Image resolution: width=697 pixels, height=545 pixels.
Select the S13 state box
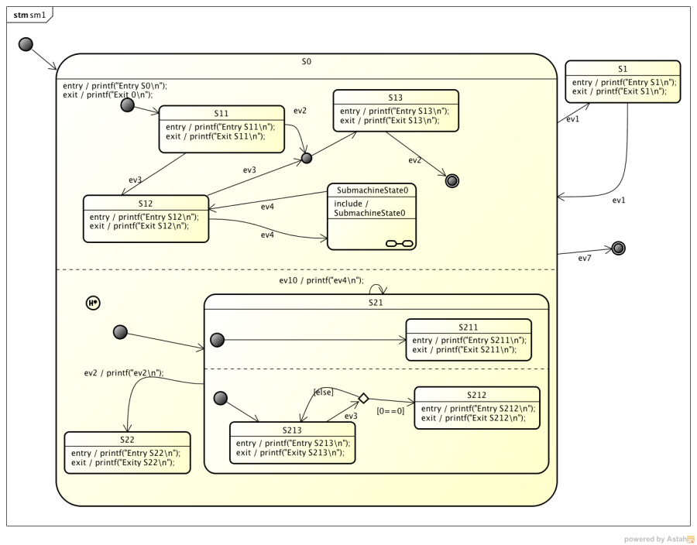pos(396,112)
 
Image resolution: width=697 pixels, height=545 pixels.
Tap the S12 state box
pos(146,218)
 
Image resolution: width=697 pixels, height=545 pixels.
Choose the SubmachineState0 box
pos(370,216)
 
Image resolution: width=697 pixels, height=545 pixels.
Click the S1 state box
pos(623,81)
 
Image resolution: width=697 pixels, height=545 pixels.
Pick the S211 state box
pos(469,339)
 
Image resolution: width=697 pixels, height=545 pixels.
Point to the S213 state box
pos(293,442)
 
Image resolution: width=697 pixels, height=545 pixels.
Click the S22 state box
pos(127,452)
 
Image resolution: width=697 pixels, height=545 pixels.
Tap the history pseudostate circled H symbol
pos(93,303)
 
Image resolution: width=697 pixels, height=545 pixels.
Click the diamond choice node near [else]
pos(362,398)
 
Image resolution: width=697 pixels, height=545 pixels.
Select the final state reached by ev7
pos(618,248)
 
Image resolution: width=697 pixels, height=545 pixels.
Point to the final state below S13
pos(454,181)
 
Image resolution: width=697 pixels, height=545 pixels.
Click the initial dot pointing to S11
pos(128,105)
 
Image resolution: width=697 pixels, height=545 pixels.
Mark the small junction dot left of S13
pos(306,158)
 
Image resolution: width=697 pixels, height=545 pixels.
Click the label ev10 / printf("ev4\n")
pos(321,279)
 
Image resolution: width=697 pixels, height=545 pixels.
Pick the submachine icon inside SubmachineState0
pos(400,244)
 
